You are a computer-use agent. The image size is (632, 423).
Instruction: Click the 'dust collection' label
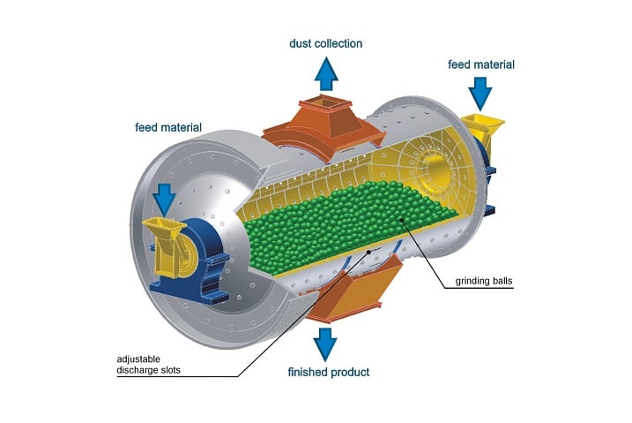click(325, 43)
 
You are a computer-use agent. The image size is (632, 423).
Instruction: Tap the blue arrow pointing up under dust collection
click(326, 72)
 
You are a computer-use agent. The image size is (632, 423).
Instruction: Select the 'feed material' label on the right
click(480, 64)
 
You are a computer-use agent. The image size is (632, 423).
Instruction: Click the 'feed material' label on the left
click(168, 127)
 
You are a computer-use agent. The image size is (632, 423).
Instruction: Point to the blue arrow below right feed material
click(480, 92)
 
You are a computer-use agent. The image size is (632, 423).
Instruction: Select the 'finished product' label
click(329, 372)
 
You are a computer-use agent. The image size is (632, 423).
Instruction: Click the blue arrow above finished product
click(326, 342)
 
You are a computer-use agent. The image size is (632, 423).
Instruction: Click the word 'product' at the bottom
click(350, 372)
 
